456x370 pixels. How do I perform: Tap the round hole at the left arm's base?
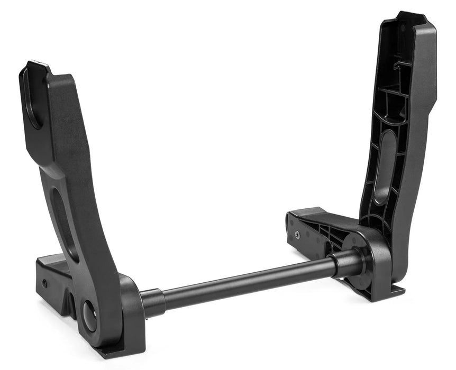(x=89, y=316)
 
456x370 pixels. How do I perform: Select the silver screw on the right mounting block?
(x=297, y=233)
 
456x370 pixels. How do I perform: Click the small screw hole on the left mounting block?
(x=44, y=284)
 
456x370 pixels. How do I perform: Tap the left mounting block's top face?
(x=53, y=261)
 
